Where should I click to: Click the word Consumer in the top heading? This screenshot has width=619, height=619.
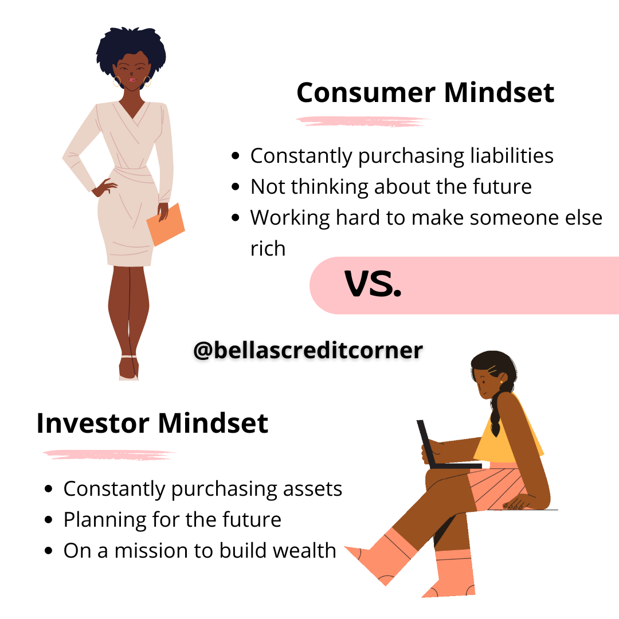(x=366, y=93)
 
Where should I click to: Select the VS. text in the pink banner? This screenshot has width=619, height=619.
(x=373, y=284)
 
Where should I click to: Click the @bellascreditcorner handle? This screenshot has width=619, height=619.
(x=308, y=350)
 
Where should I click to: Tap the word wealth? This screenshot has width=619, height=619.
(x=304, y=550)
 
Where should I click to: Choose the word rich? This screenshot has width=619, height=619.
(x=268, y=249)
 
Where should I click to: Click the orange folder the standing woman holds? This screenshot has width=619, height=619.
(x=166, y=224)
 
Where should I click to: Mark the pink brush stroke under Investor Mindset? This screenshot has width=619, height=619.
(x=109, y=455)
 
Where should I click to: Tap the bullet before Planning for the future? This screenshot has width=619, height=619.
(x=49, y=520)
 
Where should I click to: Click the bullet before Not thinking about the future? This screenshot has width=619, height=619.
(x=236, y=186)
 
